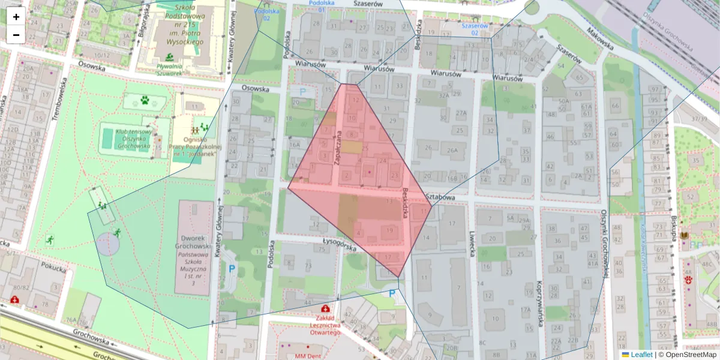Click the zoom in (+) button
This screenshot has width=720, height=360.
point(16,17)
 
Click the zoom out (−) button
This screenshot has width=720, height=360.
point(16,35)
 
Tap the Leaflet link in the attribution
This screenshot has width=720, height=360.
point(641,355)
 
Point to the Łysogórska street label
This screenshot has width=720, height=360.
point(340,245)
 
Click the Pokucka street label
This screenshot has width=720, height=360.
point(54,268)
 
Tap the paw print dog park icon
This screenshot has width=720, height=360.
point(145,100)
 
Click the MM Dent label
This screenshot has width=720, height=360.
point(309,356)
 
